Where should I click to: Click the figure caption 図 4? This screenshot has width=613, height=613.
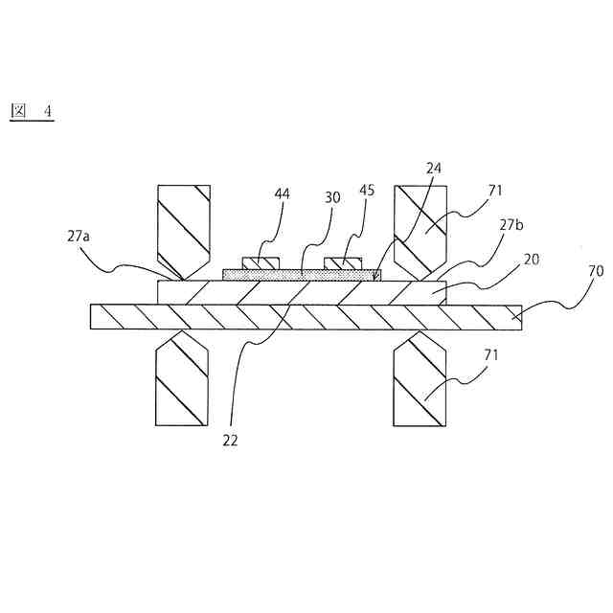[x=32, y=111]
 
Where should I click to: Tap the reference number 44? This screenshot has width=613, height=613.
[x=282, y=193]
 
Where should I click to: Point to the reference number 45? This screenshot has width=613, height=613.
[x=367, y=190]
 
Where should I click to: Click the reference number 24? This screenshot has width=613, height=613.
[x=434, y=168]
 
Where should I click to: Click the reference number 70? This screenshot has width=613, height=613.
[x=595, y=271]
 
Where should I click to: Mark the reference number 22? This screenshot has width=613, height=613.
[x=230, y=441]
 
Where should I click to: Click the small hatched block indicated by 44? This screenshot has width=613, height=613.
[x=260, y=262]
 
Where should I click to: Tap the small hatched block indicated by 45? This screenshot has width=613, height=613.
[x=344, y=262]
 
